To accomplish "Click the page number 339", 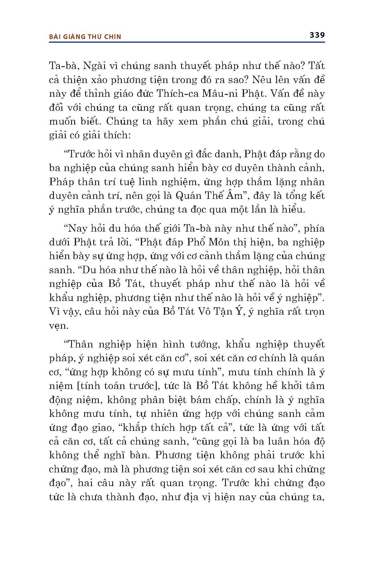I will pyautogui.click(x=317, y=35).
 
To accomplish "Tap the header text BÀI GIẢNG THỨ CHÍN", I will pyautogui.click(x=85, y=37).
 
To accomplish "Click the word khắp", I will pyautogui.click(x=135, y=427).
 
